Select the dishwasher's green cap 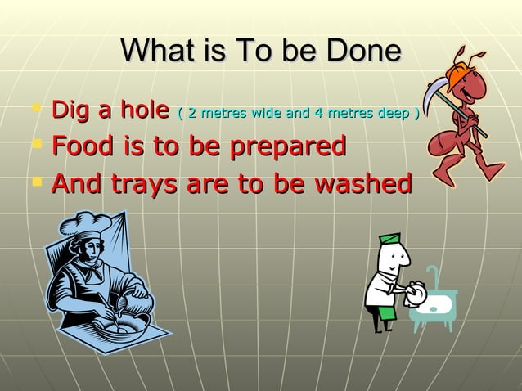point(390,239)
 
